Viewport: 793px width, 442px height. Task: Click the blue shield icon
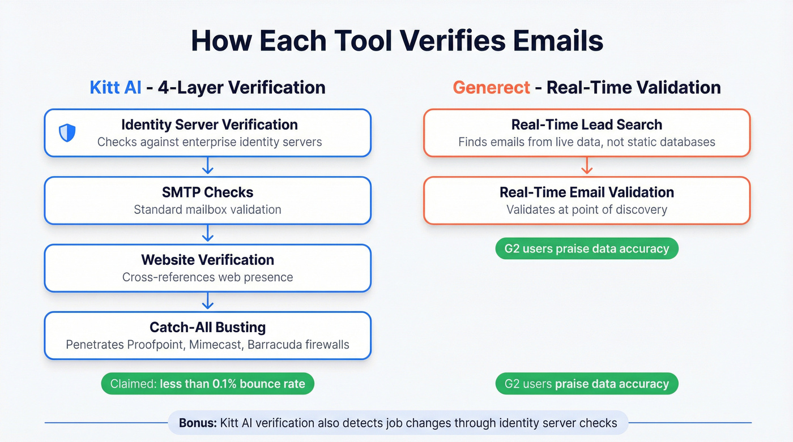(67, 133)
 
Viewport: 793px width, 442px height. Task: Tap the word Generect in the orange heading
(491, 88)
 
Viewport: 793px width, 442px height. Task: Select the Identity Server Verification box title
(209, 125)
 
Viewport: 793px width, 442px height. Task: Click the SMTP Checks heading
(207, 192)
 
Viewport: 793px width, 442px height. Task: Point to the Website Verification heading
(207, 260)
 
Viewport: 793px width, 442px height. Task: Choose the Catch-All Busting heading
(207, 327)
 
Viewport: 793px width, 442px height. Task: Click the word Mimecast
(215, 344)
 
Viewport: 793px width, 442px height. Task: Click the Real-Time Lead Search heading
(586, 125)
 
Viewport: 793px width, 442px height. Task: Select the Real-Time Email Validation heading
(586, 192)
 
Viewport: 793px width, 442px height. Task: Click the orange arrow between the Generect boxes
(587, 166)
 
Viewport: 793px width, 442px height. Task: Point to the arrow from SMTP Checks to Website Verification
(208, 234)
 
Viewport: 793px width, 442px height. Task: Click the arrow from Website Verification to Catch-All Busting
(208, 301)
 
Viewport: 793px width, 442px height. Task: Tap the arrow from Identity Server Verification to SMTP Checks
(208, 166)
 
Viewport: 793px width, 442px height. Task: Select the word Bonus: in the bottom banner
(195, 423)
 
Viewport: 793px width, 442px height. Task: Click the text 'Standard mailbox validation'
(207, 209)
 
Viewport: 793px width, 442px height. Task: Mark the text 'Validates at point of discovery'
(586, 209)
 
